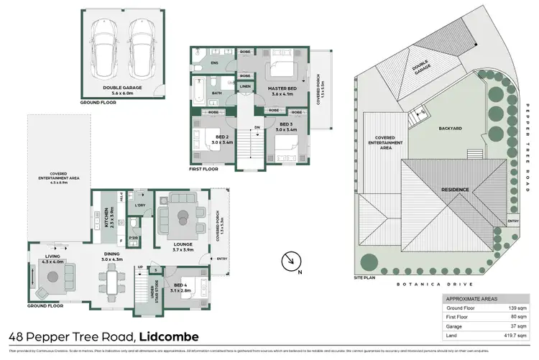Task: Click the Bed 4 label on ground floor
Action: [180, 286]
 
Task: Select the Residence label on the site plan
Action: [456, 190]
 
